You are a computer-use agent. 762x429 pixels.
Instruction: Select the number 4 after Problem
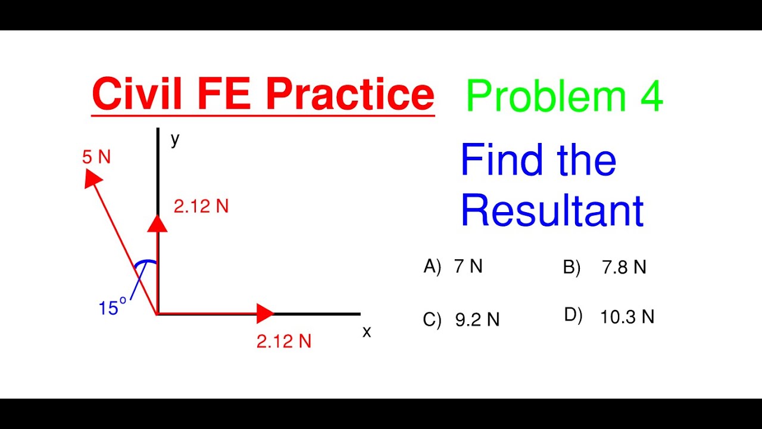(651, 97)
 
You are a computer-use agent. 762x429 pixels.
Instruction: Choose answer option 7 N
(468, 266)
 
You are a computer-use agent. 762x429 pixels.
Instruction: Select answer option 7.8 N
(623, 268)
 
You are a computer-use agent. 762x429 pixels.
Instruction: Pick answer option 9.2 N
(477, 320)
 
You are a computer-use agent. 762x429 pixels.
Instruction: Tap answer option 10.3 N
(627, 317)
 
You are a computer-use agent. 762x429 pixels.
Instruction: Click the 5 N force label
(96, 157)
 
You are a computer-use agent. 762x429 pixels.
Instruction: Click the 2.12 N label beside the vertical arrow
(201, 207)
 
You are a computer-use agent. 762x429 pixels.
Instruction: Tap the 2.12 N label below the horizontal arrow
(284, 341)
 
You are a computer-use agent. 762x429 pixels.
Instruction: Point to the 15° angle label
(113, 307)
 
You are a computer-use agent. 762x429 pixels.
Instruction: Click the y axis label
(175, 139)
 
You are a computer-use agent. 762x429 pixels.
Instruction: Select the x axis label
(367, 332)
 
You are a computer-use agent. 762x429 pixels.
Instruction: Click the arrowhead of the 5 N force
(92, 178)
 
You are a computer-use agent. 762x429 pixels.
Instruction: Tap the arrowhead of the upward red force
(158, 223)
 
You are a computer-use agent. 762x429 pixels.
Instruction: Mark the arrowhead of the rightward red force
(264, 313)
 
